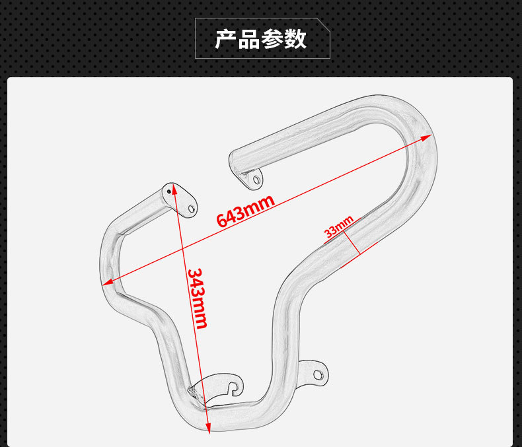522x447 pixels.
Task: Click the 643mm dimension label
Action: [x=246, y=211]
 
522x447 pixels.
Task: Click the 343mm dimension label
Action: [x=198, y=298]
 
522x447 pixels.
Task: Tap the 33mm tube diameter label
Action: [x=339, y=226]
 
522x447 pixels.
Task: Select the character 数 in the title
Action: [x=295, y=39]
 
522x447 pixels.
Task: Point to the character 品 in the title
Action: [x=249, y=39]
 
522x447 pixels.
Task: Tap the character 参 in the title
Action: [x=272, y=39]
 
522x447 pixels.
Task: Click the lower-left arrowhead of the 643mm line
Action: [x=108, y=283]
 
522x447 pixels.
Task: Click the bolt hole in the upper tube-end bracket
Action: [x=256, y=180]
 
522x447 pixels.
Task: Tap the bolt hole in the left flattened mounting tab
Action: [x=192, y=209]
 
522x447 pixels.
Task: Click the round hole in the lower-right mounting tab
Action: [x=318, y=375]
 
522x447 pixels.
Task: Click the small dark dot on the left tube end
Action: [x=169, y=191]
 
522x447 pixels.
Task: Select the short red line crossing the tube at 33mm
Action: [x=352, y=242]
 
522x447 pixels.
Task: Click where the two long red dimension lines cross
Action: [x=182, y=248]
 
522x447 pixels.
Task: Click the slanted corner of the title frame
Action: [x=323, y=25]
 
